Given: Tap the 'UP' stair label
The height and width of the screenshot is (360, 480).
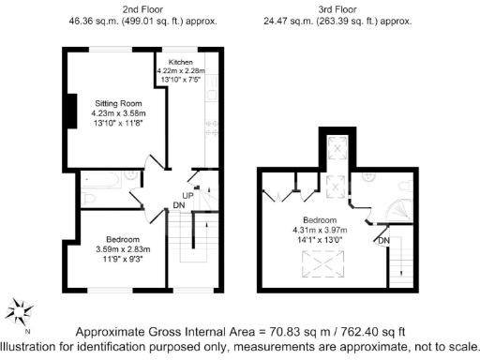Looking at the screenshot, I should [x=187, y=196].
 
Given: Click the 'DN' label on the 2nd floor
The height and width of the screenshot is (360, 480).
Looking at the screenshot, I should [x=178, y=207].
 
